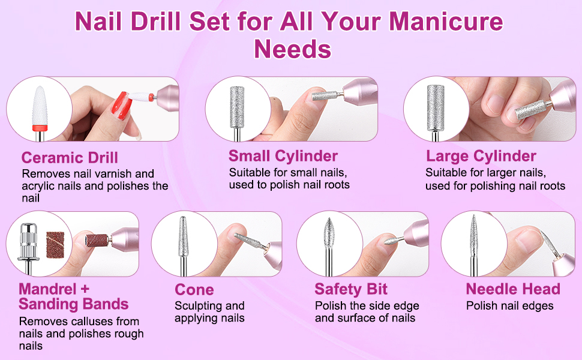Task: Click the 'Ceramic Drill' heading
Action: (70, 158)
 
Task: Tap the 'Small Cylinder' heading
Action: (283, 156)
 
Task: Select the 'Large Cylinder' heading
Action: (481, 156)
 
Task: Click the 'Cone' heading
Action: (194, 290)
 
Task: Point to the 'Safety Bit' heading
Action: (351, 289)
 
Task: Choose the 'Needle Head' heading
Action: (513, 289)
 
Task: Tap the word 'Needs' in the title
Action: (292, 49)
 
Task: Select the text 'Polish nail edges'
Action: (509, 306)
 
